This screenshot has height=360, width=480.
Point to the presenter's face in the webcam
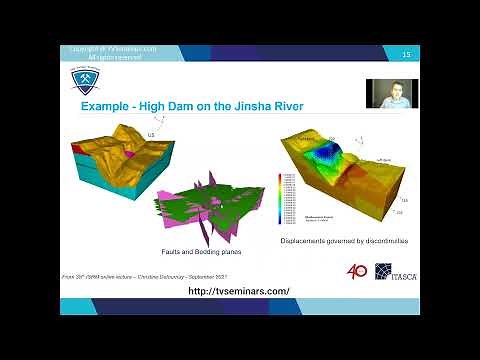pos(391,93)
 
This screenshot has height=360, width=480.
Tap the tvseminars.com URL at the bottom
pos(239,290)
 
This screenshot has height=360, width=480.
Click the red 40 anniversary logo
pos(357,271)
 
